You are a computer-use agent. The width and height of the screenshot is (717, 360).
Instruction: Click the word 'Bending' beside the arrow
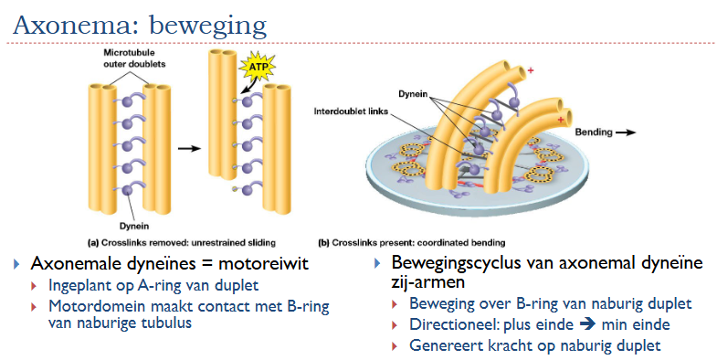click(594, 132)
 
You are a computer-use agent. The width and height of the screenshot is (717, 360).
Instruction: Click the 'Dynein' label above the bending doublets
click(413, 93)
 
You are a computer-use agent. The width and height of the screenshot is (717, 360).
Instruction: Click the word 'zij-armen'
click(428, 283)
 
